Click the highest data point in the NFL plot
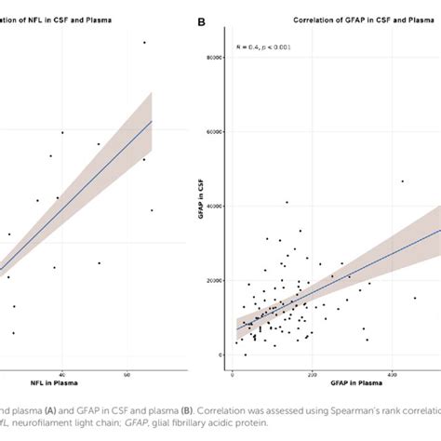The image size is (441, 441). coord(144,42)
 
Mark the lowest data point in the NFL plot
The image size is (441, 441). coord(13,333)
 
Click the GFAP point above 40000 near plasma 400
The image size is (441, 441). coord(402,181)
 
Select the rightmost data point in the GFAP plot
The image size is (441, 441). coord(415,298)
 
